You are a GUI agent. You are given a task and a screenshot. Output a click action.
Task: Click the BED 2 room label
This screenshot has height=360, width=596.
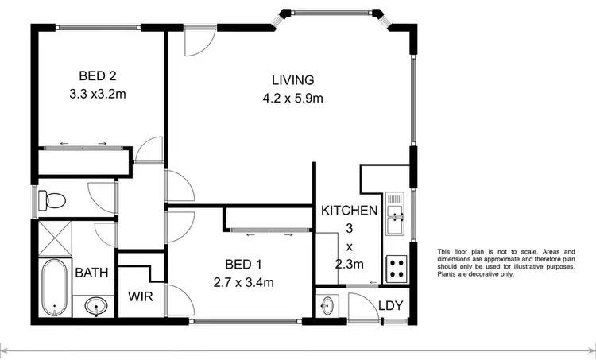(97, 76)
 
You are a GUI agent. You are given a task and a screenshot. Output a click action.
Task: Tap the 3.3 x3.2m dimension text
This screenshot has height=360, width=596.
(97, 92)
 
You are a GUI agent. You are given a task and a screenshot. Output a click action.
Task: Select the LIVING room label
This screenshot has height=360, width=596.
(293, 80)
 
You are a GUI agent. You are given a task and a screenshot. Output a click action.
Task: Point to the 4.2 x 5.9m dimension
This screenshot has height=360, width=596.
(293, 99)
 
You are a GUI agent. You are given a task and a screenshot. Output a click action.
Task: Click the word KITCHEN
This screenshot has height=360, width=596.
(349, 211)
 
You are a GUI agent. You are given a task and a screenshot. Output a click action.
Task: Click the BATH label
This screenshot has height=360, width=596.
(91, 273)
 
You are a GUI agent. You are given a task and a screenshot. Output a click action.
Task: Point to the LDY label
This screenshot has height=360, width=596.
(390, 304)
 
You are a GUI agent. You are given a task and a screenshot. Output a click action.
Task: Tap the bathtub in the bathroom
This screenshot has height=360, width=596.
(54, 286)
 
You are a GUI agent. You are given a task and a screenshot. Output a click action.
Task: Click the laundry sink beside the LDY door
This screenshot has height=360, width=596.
(329, 305)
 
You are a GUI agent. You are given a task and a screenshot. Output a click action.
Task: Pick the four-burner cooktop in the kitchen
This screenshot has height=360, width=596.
(395, 269)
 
